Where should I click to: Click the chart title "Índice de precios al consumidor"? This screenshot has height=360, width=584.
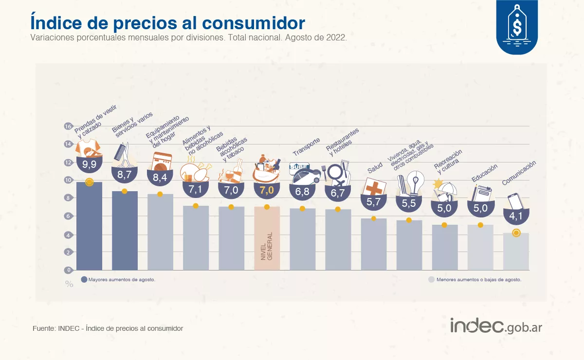168,23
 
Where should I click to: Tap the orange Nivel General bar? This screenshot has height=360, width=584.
267,238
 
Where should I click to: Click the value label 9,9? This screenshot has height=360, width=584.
89,164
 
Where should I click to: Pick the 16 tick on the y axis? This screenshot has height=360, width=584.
68,126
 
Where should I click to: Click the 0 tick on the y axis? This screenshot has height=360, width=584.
69,270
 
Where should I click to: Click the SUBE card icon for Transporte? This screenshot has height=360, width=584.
299,167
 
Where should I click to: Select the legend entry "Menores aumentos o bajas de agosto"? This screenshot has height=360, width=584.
474,280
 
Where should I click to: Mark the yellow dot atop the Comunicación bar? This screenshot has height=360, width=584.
516,233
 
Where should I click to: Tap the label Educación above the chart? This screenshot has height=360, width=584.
484,173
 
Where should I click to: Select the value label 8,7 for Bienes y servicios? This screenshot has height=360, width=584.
125,173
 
